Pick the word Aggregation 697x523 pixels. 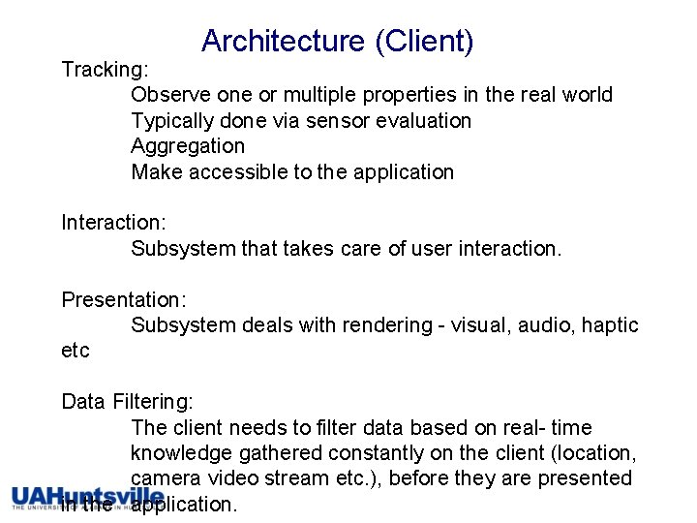pos(188,146)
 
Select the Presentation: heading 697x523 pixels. pos(122,299)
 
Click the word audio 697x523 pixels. pos(545,325)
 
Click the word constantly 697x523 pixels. pos(373,453)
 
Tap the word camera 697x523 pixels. pos(165,478)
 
